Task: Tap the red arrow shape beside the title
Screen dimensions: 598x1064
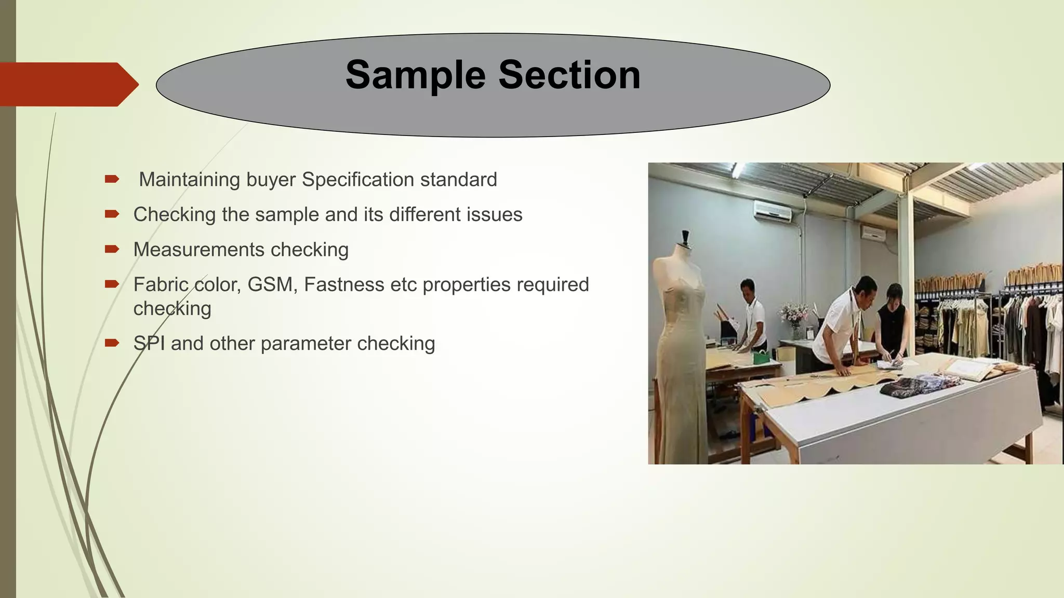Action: tap(68, 84)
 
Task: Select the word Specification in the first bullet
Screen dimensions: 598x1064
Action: tap(358, 180)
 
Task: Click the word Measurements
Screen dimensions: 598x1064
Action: tap(198, 250)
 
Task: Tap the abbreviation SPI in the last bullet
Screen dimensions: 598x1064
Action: tap(149, 344)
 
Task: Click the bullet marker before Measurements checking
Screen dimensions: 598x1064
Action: tap(112, 249)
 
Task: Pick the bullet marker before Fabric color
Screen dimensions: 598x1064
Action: tap(112, 284)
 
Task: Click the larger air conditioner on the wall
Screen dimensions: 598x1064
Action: tap(773, 211)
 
